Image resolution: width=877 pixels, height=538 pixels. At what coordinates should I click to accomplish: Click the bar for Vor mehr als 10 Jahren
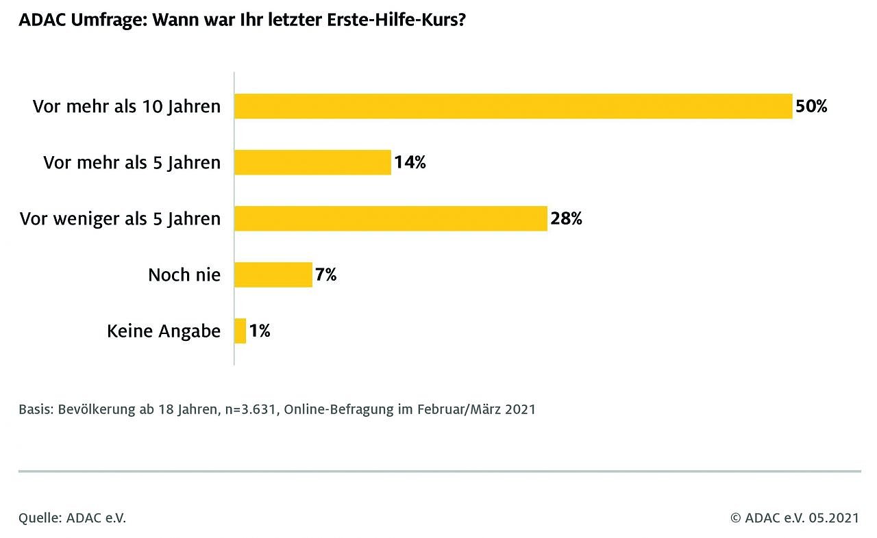click(513, 106)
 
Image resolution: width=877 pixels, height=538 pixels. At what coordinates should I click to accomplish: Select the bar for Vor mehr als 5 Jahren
click(312, 162)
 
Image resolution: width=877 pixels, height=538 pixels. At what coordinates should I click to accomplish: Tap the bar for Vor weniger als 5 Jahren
click(391, 218)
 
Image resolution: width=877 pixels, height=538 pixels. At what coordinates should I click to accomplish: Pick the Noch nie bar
click(273, 274)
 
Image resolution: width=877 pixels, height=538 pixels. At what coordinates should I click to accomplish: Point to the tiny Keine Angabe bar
click(240, 331)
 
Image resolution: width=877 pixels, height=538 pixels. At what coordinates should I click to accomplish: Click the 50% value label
click(812, 107)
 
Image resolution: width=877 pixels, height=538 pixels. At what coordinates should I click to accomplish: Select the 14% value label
click(410, 163)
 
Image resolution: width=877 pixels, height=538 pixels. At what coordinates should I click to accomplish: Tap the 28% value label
click(566, 219)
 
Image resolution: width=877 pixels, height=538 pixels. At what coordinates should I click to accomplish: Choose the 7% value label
click(326, 275)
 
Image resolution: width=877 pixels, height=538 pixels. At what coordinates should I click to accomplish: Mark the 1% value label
click(260, 331)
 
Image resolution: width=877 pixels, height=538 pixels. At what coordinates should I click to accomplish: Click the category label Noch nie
click(184, 275)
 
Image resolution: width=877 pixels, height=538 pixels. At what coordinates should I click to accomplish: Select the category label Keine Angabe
click(164, 331)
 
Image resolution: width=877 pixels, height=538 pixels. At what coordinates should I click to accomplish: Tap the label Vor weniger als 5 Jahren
click(121, 219)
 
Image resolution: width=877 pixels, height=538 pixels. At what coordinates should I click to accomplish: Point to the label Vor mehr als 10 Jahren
click(127, 107)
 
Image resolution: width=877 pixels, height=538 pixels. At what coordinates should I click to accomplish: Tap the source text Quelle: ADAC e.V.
click(73, 518)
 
